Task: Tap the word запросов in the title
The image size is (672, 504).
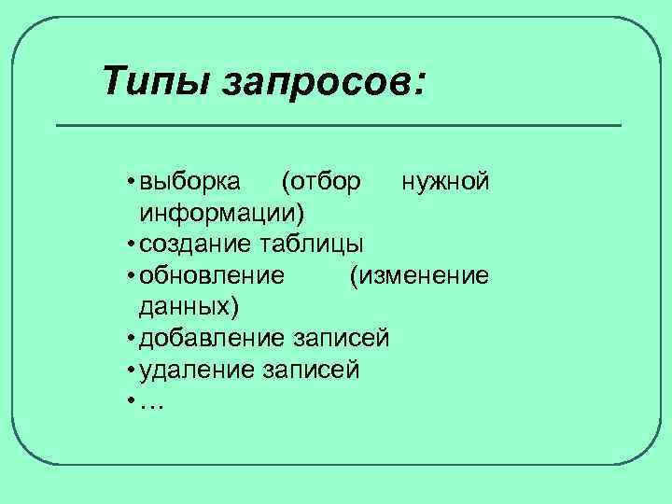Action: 324,81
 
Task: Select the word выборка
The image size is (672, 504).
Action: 190,180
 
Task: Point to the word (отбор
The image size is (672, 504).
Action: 320,180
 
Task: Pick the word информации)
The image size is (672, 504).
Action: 221,212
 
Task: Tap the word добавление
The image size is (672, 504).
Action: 212,338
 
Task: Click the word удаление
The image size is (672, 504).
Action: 196,370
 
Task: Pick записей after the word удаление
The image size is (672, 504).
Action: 311,370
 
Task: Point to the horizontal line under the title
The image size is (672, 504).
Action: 339,125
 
